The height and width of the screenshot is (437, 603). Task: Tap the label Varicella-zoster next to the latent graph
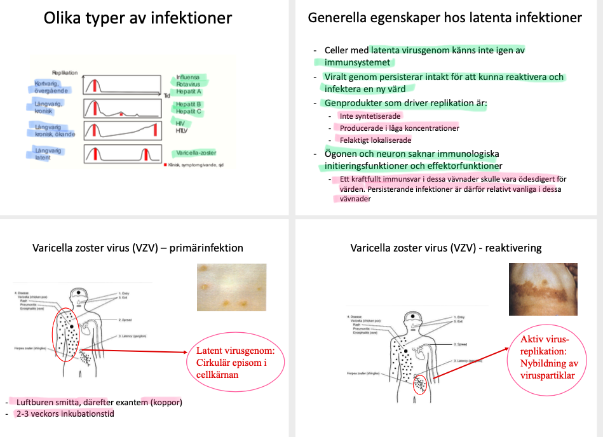(x=197, y=153)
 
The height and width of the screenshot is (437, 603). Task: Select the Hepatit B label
(x=189, y=104)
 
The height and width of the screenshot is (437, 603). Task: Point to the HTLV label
(x=182, y=130)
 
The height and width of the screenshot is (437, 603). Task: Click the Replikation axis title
(x=65, y=73)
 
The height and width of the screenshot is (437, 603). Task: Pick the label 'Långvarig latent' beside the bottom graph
(x=49, y=154)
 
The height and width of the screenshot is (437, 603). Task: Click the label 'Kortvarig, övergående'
(x=51, y=87)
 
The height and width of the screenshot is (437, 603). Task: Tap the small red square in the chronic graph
(x=121, y=114)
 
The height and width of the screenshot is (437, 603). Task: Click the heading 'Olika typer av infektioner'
(x=138, y=18)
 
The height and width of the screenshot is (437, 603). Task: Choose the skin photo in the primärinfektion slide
(x=231, y=287)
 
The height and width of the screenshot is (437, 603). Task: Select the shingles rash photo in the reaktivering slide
(x=543, y=289)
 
